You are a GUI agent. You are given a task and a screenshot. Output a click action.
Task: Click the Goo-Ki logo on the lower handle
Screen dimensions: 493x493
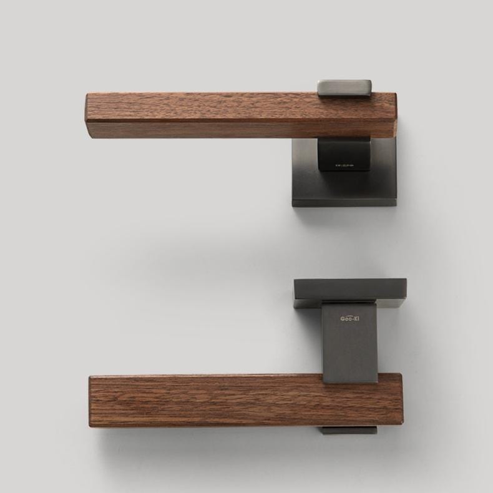[349, 319]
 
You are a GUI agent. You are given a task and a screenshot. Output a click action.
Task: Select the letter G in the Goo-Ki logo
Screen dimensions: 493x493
[343, 319]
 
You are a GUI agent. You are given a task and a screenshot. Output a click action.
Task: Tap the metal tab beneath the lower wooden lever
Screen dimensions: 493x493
[349, 430]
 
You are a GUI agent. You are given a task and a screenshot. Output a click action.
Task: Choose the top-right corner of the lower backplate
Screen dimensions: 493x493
[406, 280]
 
